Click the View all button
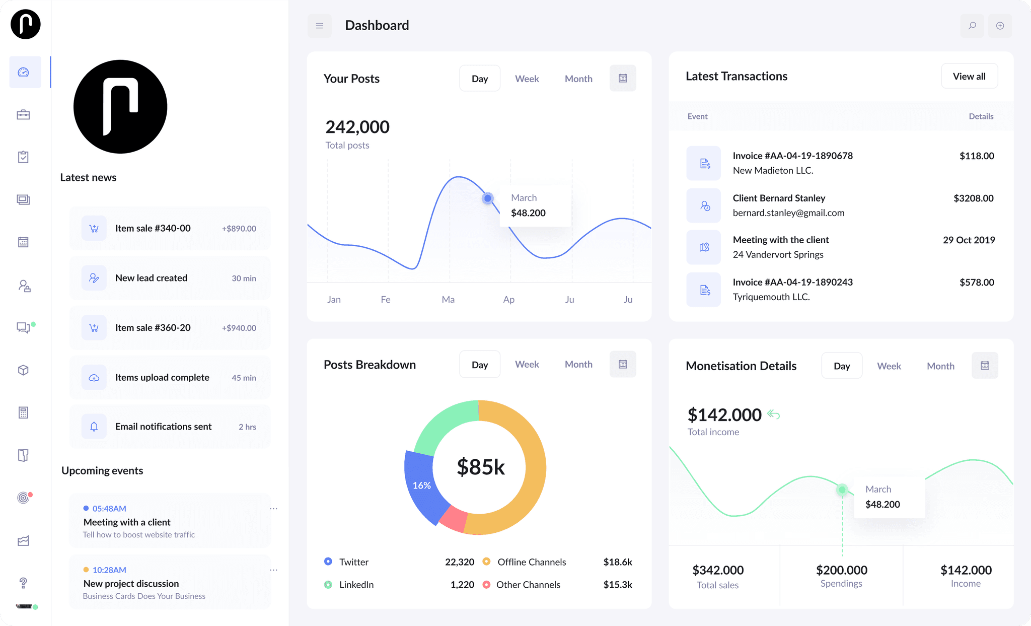coord(969,76)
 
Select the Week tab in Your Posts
coord(527,79)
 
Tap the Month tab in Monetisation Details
coord(940,366)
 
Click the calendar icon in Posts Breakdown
coord(623,364)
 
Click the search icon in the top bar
coord(972,26)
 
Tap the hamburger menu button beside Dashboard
coord(320,26)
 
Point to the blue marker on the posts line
coord(487,198)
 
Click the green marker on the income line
coord(842,490)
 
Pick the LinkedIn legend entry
coord(356,585)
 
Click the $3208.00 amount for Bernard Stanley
coord(973,198)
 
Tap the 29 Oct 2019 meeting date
coord(969,240)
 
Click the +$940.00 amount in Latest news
coord(239,328)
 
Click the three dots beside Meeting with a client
coord(273,509)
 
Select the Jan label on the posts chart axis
coord(334,300)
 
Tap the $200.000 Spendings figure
coord(841,570)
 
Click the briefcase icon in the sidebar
coord(23,115)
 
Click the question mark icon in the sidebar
coord(23,583)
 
